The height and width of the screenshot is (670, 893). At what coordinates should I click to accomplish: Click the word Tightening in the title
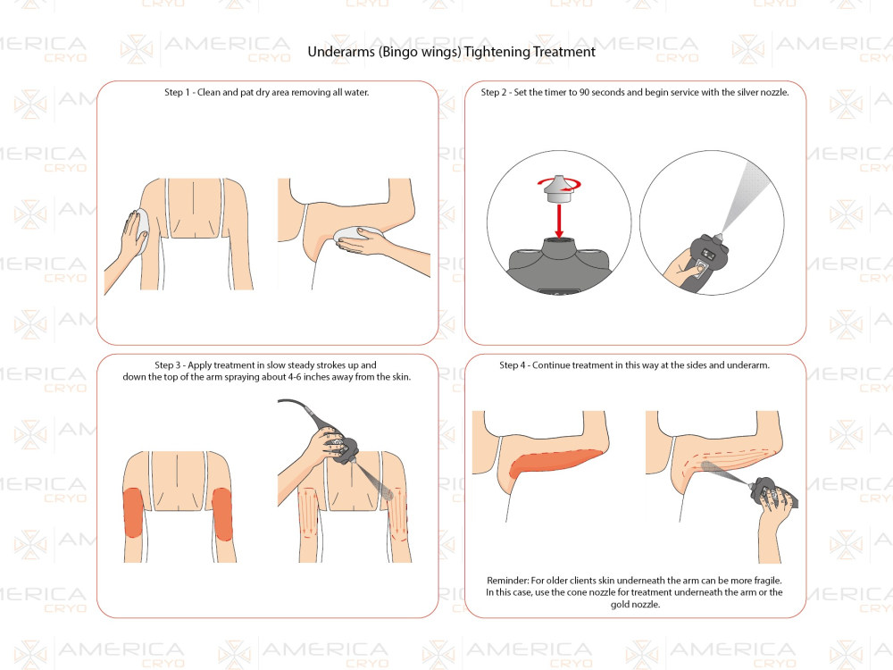click(x=495, y=53)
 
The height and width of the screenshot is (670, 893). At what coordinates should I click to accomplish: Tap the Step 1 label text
click(x=177, y=92)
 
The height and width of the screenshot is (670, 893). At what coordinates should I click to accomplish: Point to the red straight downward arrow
click(x=559, y=221)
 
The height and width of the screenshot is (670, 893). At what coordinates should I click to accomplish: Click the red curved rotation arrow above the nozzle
click(x=559, y=184)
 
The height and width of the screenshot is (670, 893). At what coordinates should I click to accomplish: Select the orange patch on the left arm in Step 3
click(x=133, y=513)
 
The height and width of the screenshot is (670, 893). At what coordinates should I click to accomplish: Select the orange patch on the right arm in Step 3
click(x=222, y=514)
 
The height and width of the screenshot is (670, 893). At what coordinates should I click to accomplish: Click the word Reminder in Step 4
click(x=508, y=581)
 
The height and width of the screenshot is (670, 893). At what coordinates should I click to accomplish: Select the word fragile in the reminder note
click(x=768, y=581)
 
